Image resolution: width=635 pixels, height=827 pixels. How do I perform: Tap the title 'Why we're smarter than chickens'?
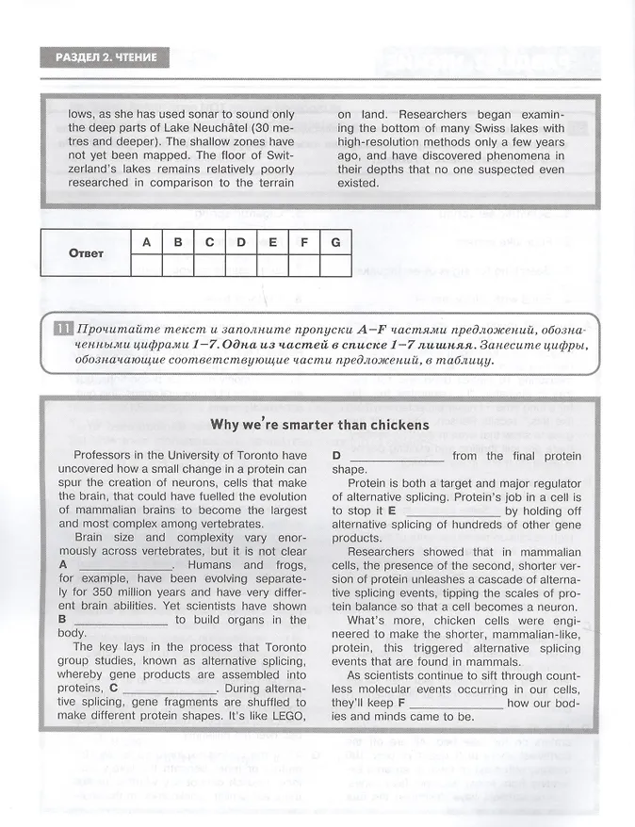coord(320,425)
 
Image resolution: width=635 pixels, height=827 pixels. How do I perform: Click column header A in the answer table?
coord(146,242)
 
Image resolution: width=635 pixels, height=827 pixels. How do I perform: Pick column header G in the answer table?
coord(334,242)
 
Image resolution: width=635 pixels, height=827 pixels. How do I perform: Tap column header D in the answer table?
coord(240,242)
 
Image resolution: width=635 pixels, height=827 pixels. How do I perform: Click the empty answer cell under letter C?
coord(209,266)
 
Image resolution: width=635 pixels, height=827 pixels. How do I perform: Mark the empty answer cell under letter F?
coord(303,266)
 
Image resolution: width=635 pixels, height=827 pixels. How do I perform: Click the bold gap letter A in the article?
coord(63,564)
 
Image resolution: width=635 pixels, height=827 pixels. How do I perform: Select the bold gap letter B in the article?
coord(63,619)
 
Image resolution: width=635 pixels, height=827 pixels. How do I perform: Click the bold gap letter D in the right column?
coord(336,456)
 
